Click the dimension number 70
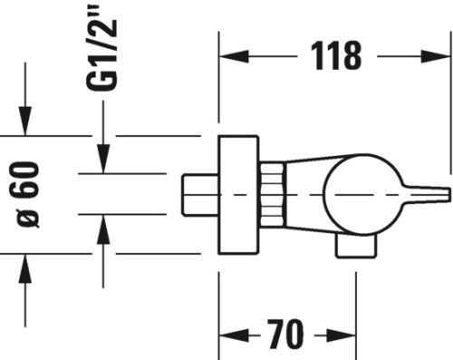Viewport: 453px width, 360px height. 285,338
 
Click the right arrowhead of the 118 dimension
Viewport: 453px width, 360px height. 441,56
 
